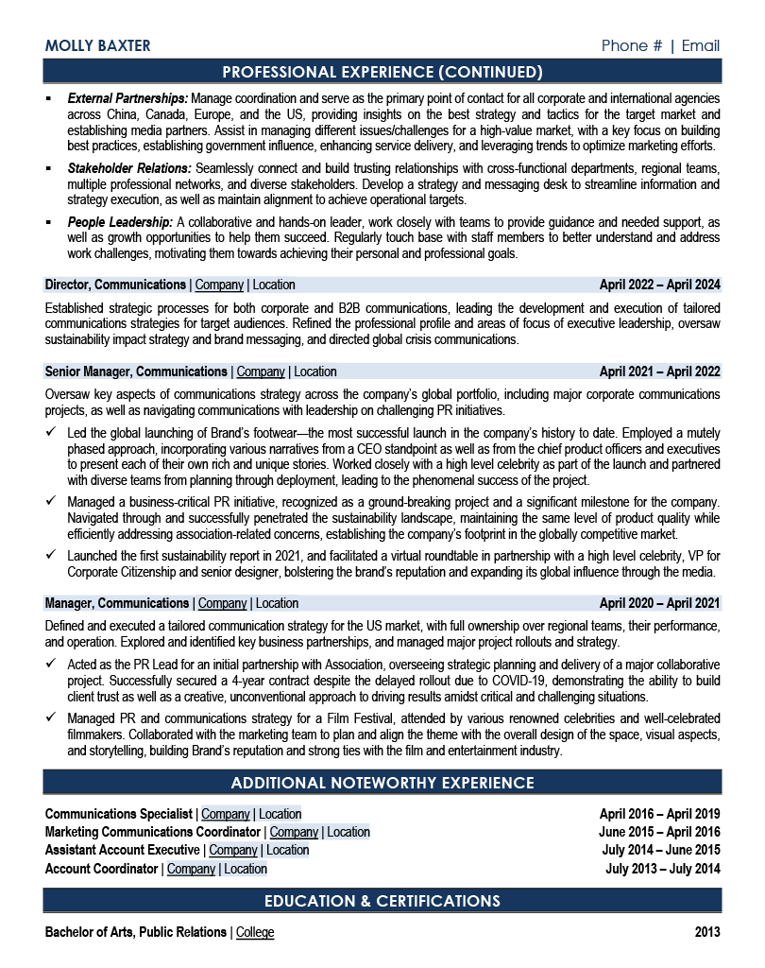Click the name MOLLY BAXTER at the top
pyautogui.click(x=97, y=46)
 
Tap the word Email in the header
pyautogui.click(x=701, y=46)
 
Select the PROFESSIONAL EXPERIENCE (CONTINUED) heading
pyautogui.click(x=382, y=72)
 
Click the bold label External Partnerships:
pyautogui.click(x=128, y=98)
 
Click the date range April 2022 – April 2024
pyautogui.click(x=659, y=285)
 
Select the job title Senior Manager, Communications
pyautogui.click(x=136, y=372)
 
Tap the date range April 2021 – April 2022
pyautogui.click(x=659, y=372)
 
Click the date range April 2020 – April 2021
pyautogui.click(x=659, y=603)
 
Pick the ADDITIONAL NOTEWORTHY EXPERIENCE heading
pyautogui.click(x=382, y=783)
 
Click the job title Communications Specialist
pyautogui.click(x=119, y=814)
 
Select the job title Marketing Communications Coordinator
pyautogui.click(x=153, y=832)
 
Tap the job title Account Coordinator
pyautogui.click(x=101, y=869)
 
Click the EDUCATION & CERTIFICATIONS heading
pyautogui.click(x=382, y=901)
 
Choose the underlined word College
pyautogui.click(x=255, y=932)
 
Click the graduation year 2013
pyautogui.click(x=707, y=932)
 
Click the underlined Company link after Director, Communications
pyautogui.click(x=219, y=285)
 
